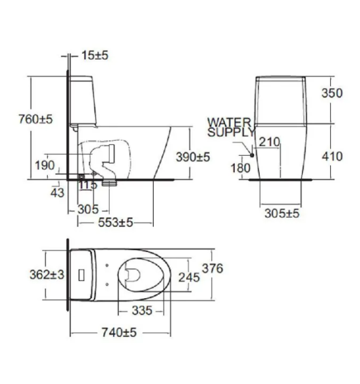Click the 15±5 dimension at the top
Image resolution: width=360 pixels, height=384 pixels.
click(95, 56)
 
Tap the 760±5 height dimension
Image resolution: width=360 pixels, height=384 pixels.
click(36, 120)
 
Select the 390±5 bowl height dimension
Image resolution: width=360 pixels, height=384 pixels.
click(193, 157)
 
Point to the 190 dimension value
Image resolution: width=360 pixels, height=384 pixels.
click(45, 165)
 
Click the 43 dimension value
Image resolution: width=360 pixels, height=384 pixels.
click(58, 193)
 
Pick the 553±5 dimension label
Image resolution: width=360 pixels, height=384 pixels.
click(115, 222)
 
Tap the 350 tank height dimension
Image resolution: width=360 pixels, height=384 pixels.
click(332, 93)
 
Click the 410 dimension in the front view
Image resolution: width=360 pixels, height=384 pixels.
click(332, 156)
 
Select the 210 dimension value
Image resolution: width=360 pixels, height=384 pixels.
click(270, 142)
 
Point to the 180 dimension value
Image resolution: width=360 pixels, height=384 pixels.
click(240, 168)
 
